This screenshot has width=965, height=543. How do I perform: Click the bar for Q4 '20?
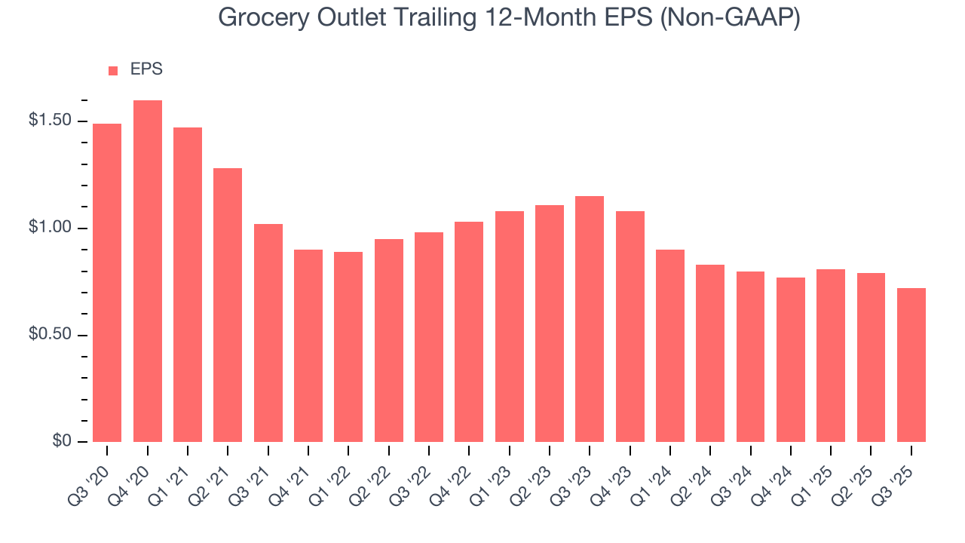point(148,271)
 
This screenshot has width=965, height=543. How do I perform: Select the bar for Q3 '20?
point(107,283)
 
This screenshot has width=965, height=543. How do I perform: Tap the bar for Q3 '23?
point(590,319)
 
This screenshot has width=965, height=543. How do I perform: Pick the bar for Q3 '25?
point(911,365)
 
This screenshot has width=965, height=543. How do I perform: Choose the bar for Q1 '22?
point(348,347)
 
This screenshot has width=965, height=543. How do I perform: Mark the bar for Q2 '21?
point(228,305)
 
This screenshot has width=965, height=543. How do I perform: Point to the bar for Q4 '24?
point(791,360)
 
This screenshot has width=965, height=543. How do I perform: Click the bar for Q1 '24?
point(670,345)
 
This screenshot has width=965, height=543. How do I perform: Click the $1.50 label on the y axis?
point(50,121)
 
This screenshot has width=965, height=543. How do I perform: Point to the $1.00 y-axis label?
point(50,228)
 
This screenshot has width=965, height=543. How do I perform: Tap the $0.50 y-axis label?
point(50,335)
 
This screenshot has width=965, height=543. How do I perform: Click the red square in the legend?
point(113,70)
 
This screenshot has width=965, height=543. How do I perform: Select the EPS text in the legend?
point(146,69)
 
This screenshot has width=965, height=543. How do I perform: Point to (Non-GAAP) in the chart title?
point(729,18)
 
